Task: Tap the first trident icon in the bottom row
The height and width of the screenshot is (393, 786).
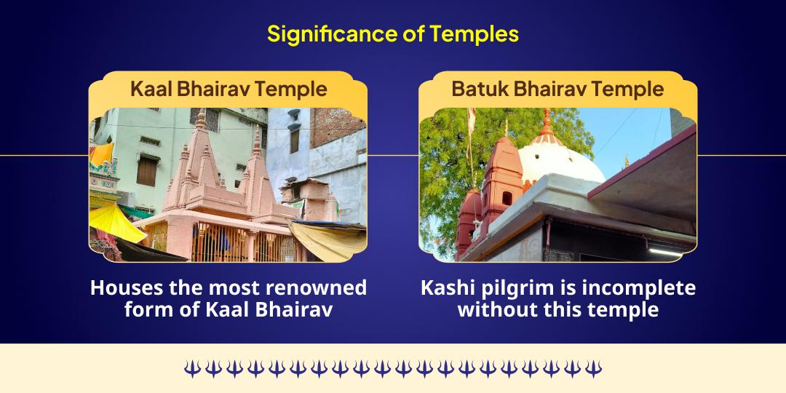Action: point(191,369)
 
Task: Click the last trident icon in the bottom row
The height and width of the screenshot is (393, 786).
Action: point(594,369)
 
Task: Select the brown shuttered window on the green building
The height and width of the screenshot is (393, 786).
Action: point(146,172)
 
